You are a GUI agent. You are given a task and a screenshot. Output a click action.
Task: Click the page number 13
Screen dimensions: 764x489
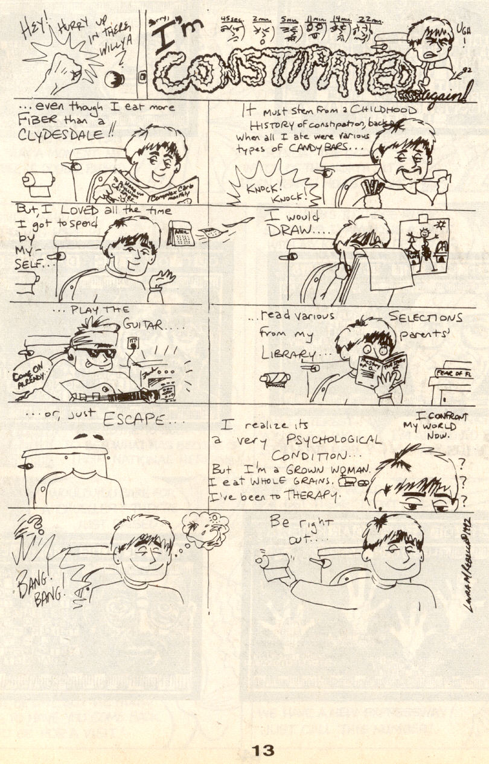point(263,750)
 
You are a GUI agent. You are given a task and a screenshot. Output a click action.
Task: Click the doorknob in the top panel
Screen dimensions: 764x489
point(114,78)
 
